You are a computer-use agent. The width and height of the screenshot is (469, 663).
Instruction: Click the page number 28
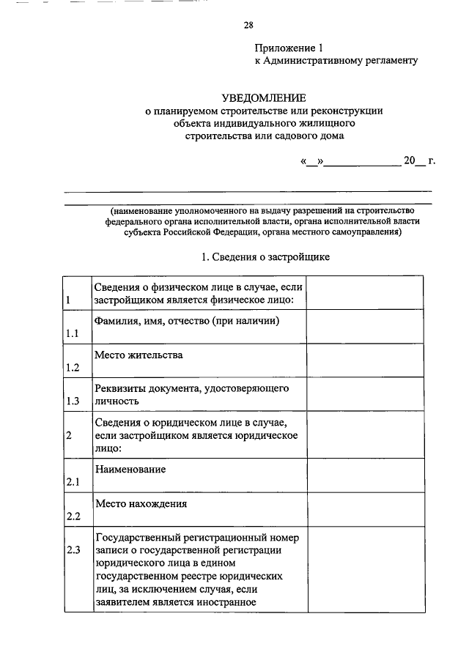click(x=248, y=26)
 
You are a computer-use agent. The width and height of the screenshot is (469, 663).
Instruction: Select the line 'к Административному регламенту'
click(x=336, y=61)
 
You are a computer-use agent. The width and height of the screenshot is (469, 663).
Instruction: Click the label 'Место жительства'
click(x=139, y=355)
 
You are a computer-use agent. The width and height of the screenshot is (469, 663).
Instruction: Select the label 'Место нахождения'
click(x=141, y=503)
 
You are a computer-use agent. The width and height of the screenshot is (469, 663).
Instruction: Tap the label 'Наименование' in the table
click(x=130, y=468)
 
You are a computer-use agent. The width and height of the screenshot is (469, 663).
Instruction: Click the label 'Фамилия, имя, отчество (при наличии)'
click(x=188, y=321)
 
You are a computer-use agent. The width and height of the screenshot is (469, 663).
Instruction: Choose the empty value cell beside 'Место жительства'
click(x=364, y=360)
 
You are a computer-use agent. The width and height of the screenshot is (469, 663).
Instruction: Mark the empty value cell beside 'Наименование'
click(x=364, y=475)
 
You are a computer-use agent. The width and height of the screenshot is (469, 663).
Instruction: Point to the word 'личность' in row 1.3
click(x=116, y=401)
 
